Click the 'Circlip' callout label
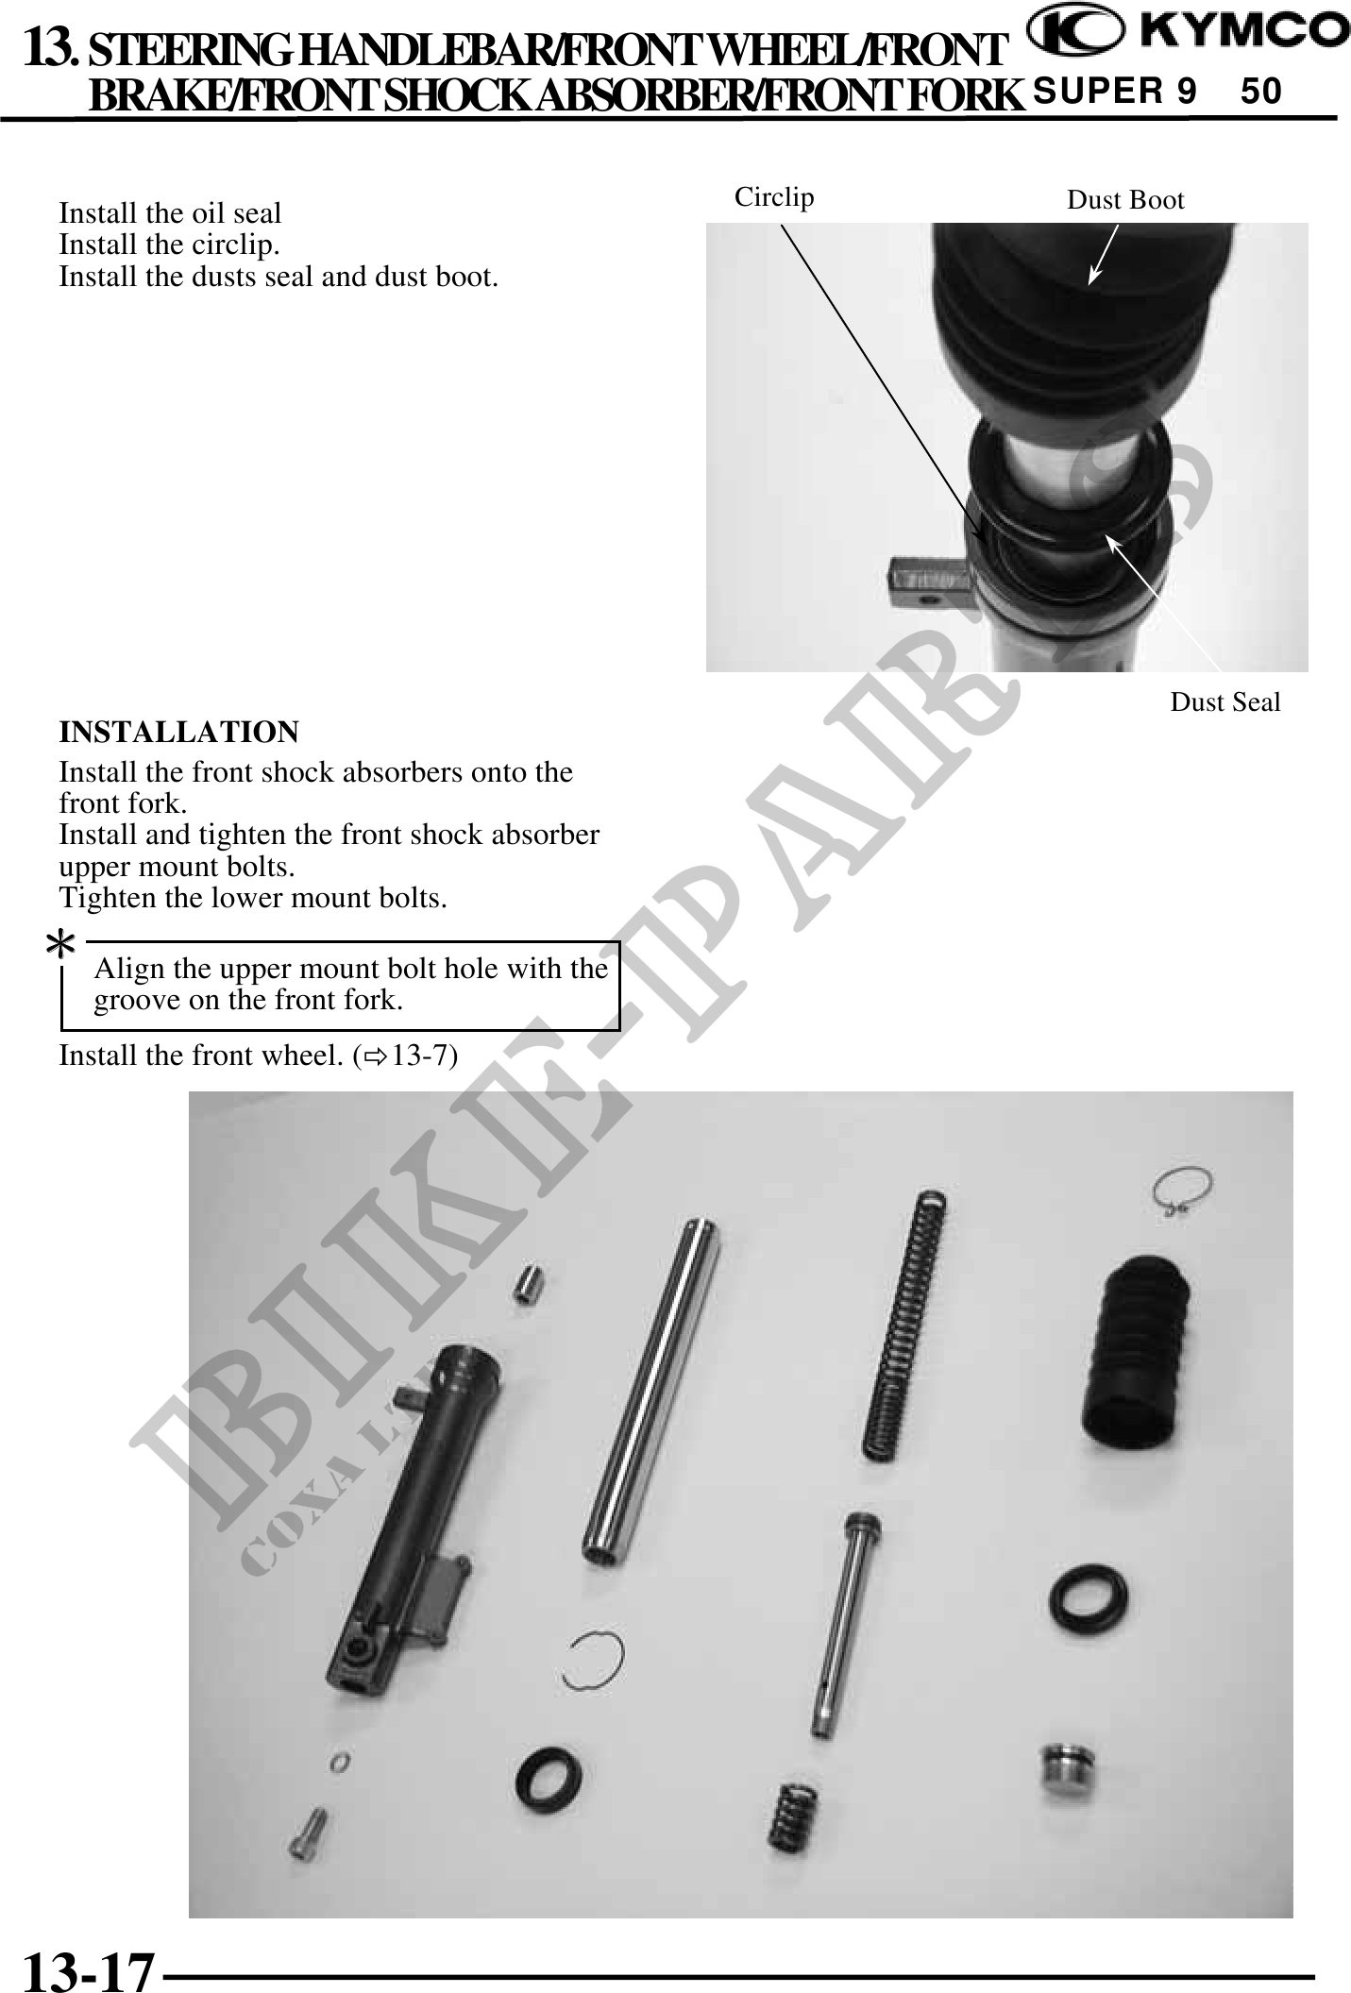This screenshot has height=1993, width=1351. tap(774, 196)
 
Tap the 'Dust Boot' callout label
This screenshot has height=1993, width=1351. tap(1125, 199)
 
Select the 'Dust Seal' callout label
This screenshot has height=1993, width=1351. tap(1225, 701)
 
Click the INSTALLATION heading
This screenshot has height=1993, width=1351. tap(179, 732)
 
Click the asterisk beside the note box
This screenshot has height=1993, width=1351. tap(61, 943)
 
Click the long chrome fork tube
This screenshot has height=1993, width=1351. tap(651, 1392)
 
